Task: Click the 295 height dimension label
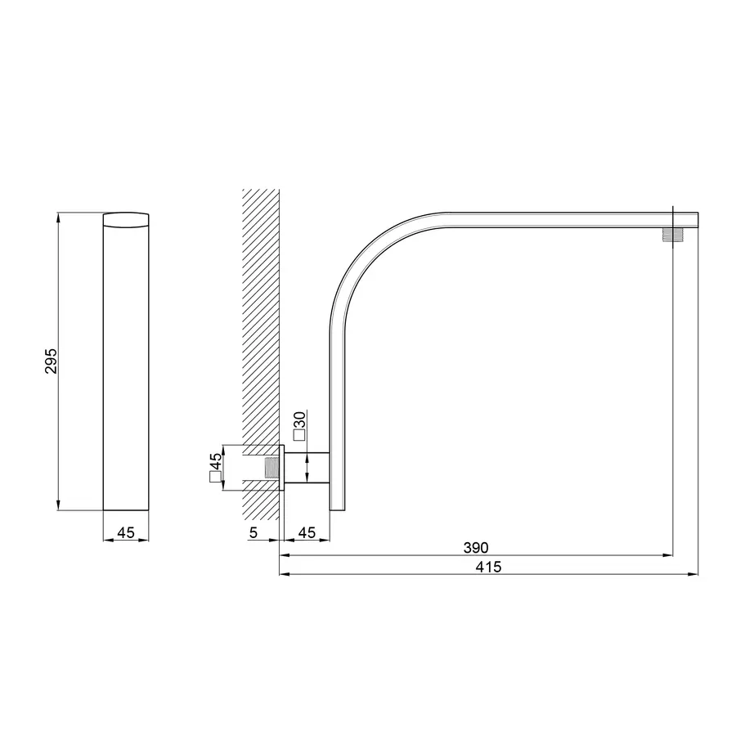coord(52,361)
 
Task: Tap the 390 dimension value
coord(476,548)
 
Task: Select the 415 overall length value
coord(489,567)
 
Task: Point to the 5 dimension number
coord(254,532)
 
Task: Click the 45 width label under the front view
coord(126,532)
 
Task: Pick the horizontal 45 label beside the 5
coord(307,532)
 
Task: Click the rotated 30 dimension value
coord(299,419)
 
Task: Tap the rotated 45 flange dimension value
coord(215,461)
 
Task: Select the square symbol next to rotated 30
coord(299,435)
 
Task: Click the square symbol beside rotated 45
coord(215,478)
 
